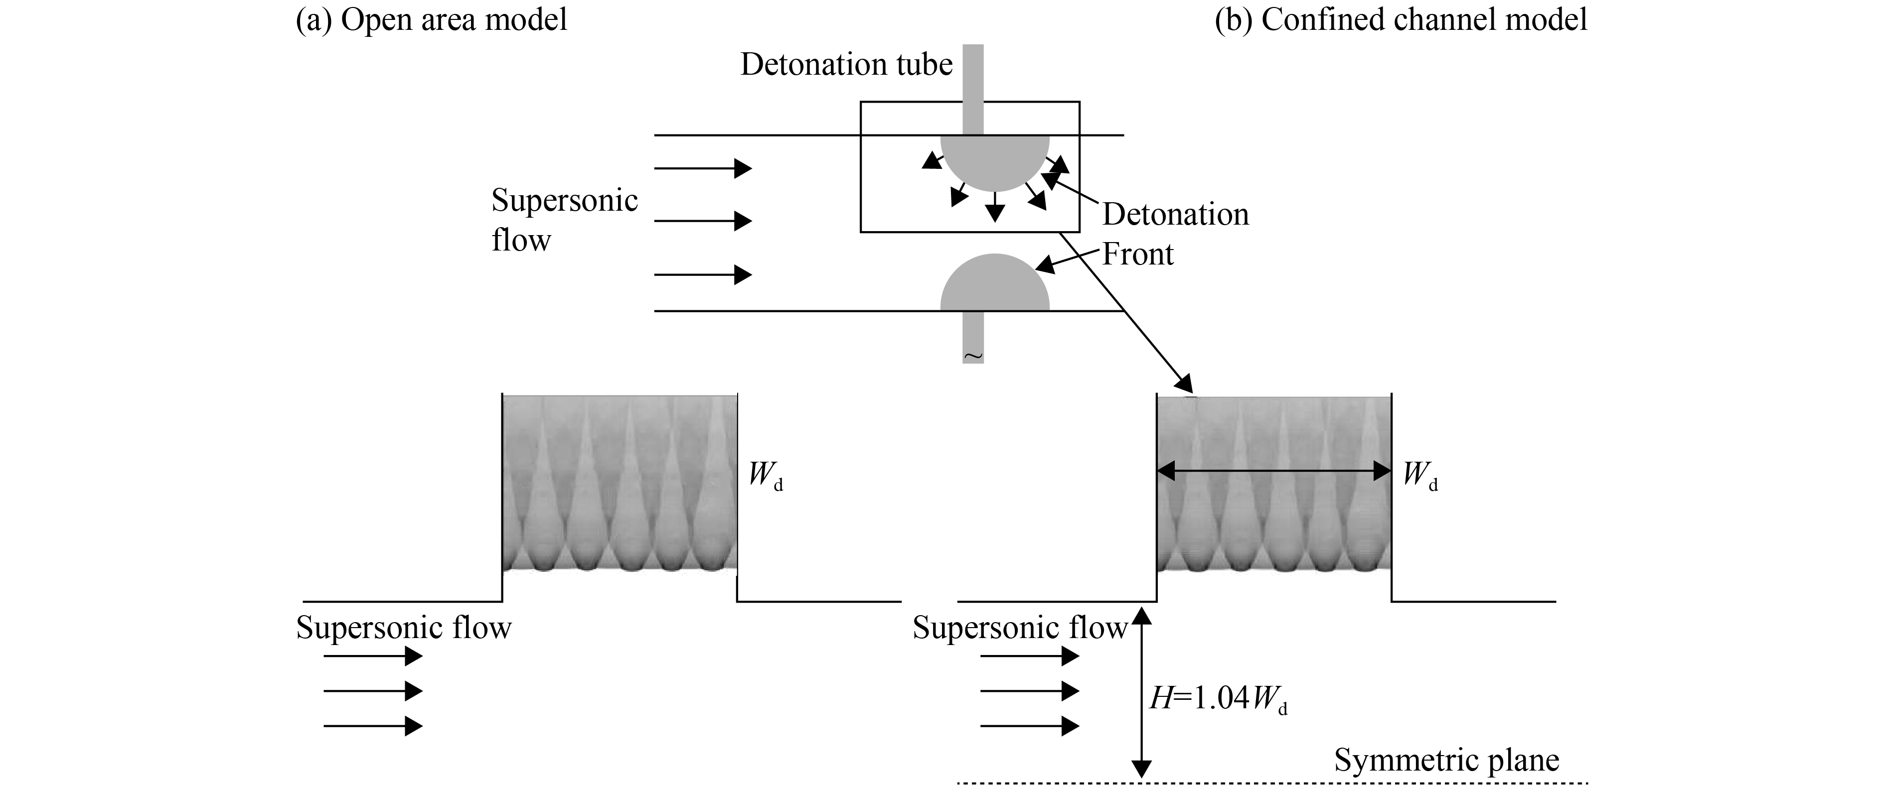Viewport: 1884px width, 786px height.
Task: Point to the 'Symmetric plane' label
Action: [x=1446, y=761]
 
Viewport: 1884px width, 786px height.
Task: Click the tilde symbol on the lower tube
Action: [x=973, y=356]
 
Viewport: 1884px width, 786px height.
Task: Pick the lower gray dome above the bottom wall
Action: [x=995, y=285]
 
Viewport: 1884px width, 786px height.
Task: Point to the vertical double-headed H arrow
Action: [x=1141, y=695]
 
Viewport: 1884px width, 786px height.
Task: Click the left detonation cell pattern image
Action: [x=620, y=483]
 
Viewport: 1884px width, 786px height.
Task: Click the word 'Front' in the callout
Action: [x=1137, y=255]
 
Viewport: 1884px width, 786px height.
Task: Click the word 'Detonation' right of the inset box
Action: [x=1175, y=214]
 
